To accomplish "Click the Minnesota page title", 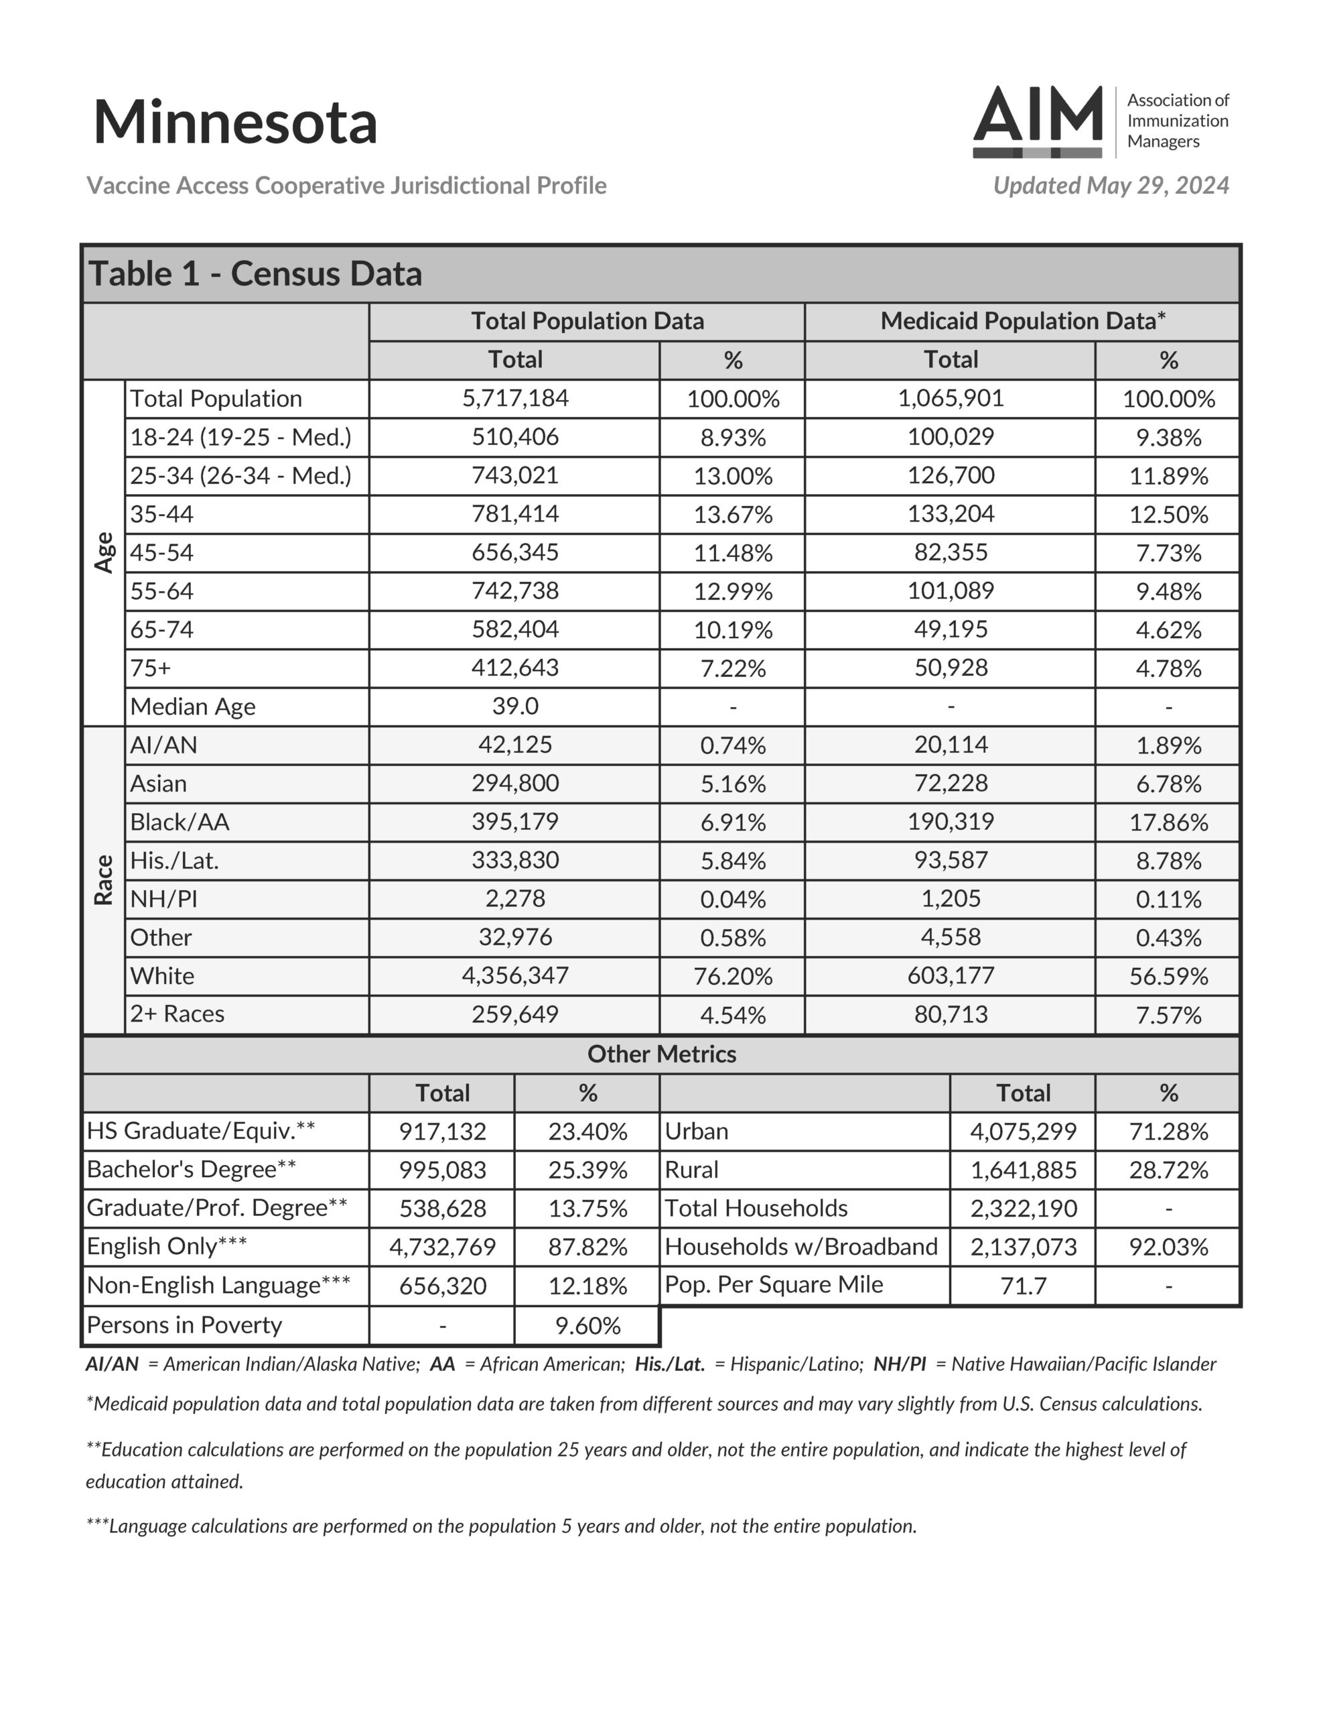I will [x=235, y=123].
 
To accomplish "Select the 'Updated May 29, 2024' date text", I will [x=1111, y=186].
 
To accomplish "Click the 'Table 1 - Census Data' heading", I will [x=255, y=274].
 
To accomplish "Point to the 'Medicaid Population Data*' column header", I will [x=1022, y=321].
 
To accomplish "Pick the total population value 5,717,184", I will [x=515, y=398].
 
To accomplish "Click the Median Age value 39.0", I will [x=515, y=707].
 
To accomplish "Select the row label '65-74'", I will [x=162, y=629].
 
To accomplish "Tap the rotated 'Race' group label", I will [x=104, y=880].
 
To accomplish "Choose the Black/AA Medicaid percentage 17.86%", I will [x=1168, y=822].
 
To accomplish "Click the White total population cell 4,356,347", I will [x=515, y=976].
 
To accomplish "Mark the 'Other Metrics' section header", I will [x=661, y=1054].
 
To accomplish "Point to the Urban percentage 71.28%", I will [x=1168, y=1131].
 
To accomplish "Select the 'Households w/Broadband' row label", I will [x=801, y=1247].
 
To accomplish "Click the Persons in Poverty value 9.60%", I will [x=587, y=1325].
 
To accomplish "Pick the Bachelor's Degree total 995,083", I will [x=442, y=1170].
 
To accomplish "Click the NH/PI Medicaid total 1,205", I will [x=951, y=899].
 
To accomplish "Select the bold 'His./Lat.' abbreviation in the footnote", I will [x=669, y=1364].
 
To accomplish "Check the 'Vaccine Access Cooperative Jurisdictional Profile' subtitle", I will [x=346, y=186].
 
